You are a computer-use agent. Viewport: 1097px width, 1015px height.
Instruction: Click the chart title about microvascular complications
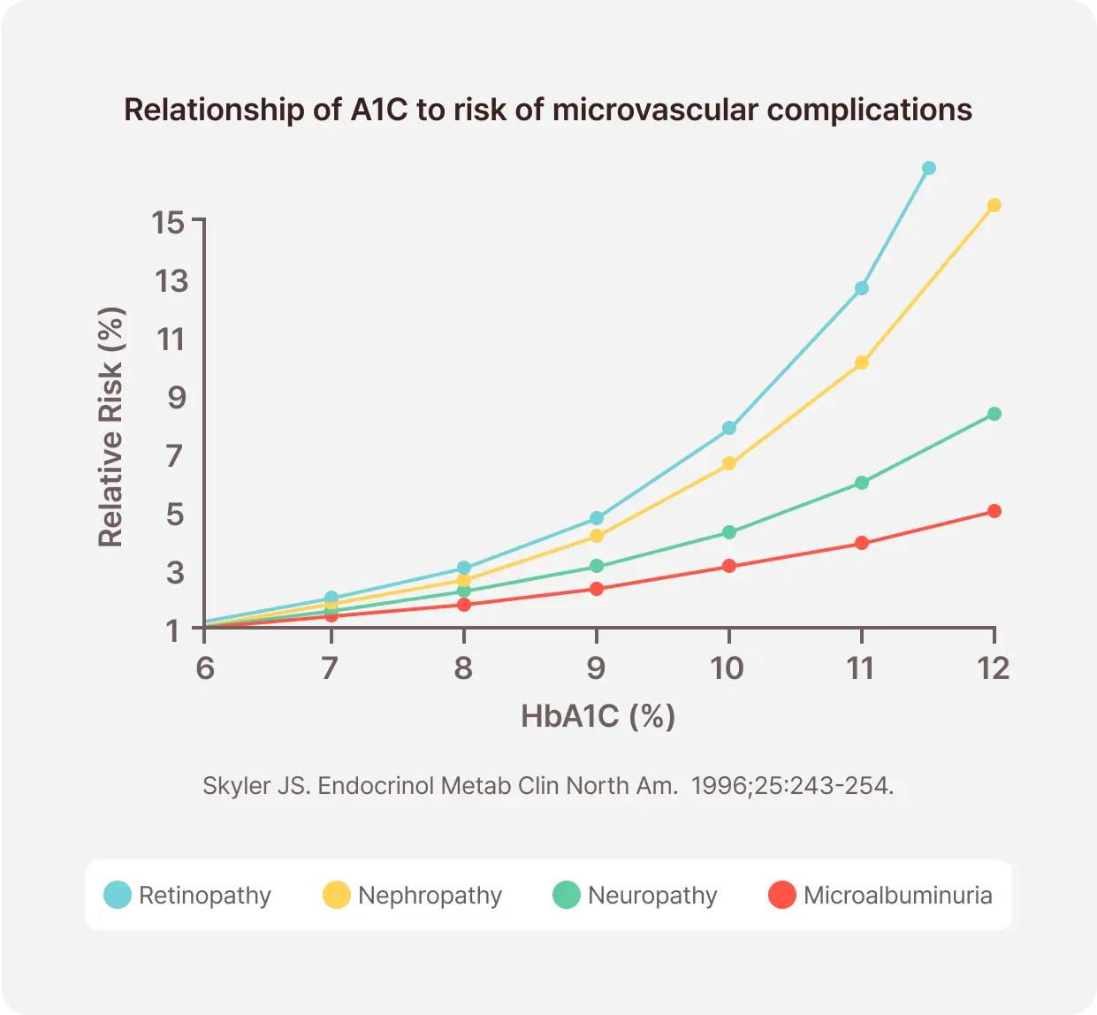click(x=547, y=110)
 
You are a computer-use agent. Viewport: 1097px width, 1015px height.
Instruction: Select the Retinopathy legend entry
click(x=187, y=895)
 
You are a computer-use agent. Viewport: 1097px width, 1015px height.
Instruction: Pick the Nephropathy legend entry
click(x=412, y=895)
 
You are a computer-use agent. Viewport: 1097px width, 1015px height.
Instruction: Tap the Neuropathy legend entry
click(x=635, y=895)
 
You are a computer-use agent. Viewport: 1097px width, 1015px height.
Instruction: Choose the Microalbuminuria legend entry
click(x=880, y=895)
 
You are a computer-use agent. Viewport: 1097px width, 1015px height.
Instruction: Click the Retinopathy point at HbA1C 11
click(x=862, y=288)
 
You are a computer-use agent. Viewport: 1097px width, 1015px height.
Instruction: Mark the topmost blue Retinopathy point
click(x=929, y=168)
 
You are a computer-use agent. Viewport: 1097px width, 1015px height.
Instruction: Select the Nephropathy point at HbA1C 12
click(x=994, y=205)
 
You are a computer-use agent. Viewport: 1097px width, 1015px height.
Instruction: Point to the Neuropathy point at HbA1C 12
click(x=994, y=414)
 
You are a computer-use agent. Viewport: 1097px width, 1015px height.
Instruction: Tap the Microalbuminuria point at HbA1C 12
click(x=994, y=511)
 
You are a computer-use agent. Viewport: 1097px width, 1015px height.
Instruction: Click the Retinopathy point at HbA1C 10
click(x=729, y=428)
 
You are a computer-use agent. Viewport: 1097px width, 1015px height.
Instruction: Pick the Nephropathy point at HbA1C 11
click(x=862, y=362)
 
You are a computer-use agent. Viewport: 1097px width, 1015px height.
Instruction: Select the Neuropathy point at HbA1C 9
click(x=597, y=566)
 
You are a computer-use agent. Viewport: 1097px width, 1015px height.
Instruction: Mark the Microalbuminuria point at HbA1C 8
click(x=464, y=605)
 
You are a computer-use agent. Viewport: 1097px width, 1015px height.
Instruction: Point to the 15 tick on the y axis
click(x=169, y=222)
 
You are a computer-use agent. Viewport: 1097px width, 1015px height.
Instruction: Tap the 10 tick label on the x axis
click(x=728, y=668)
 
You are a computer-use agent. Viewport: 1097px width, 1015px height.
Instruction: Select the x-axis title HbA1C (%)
click(x=598, y=715)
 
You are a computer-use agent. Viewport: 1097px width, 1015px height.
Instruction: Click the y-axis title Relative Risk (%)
click(x=111, y=427)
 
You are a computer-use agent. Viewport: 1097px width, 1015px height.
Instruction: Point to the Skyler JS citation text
click(x=547, y=786)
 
